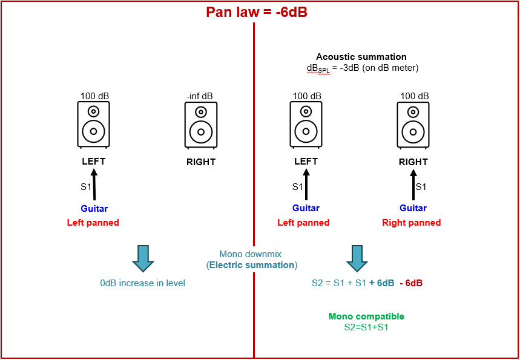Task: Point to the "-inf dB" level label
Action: [200, 96]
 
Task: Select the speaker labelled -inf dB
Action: [200, 125]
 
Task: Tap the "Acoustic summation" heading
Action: [361, 57]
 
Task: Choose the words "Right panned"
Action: [412, 223]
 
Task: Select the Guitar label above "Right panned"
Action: [413, 208]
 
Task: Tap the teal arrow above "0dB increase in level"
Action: [143, 258]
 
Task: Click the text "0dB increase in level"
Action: [143, 283]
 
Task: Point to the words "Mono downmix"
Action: [251, 255]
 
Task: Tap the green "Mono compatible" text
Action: [366, 316]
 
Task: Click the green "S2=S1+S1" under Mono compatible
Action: [366, 327]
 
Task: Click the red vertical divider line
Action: [254, 182]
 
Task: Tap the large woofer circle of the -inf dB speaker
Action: [200, 131]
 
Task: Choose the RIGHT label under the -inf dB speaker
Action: [200, 162]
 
